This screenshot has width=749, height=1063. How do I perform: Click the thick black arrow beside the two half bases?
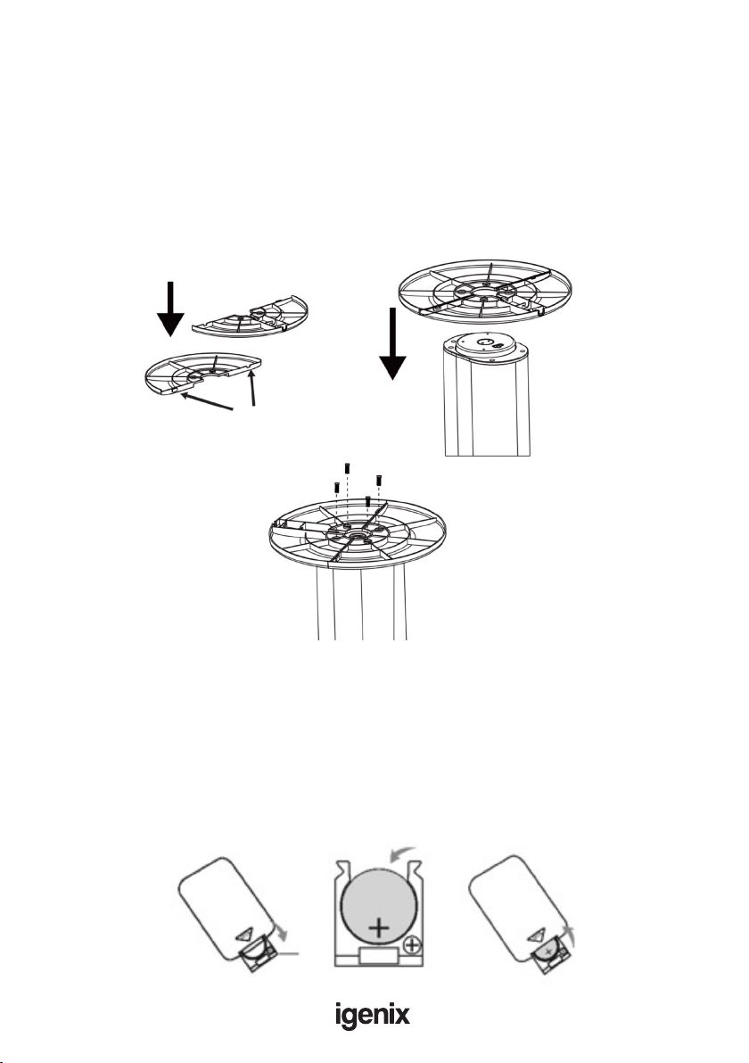[171, 309]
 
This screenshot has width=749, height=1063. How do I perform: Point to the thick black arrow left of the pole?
[392, 343]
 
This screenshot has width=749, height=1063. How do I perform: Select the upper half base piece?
[251, 316]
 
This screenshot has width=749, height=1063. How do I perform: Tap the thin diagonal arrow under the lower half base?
[207, 402]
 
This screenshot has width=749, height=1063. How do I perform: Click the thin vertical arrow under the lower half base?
[253, 388]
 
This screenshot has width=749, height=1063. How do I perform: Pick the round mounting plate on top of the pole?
[484, 349]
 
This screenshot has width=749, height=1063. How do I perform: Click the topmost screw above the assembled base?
[346, 468]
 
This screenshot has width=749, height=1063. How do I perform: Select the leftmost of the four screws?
[336, 487]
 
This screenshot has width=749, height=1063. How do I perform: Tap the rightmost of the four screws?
[379, 481]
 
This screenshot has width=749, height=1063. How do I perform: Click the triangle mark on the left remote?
[245, 935]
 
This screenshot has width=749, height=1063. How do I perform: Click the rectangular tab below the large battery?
[380, 956]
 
